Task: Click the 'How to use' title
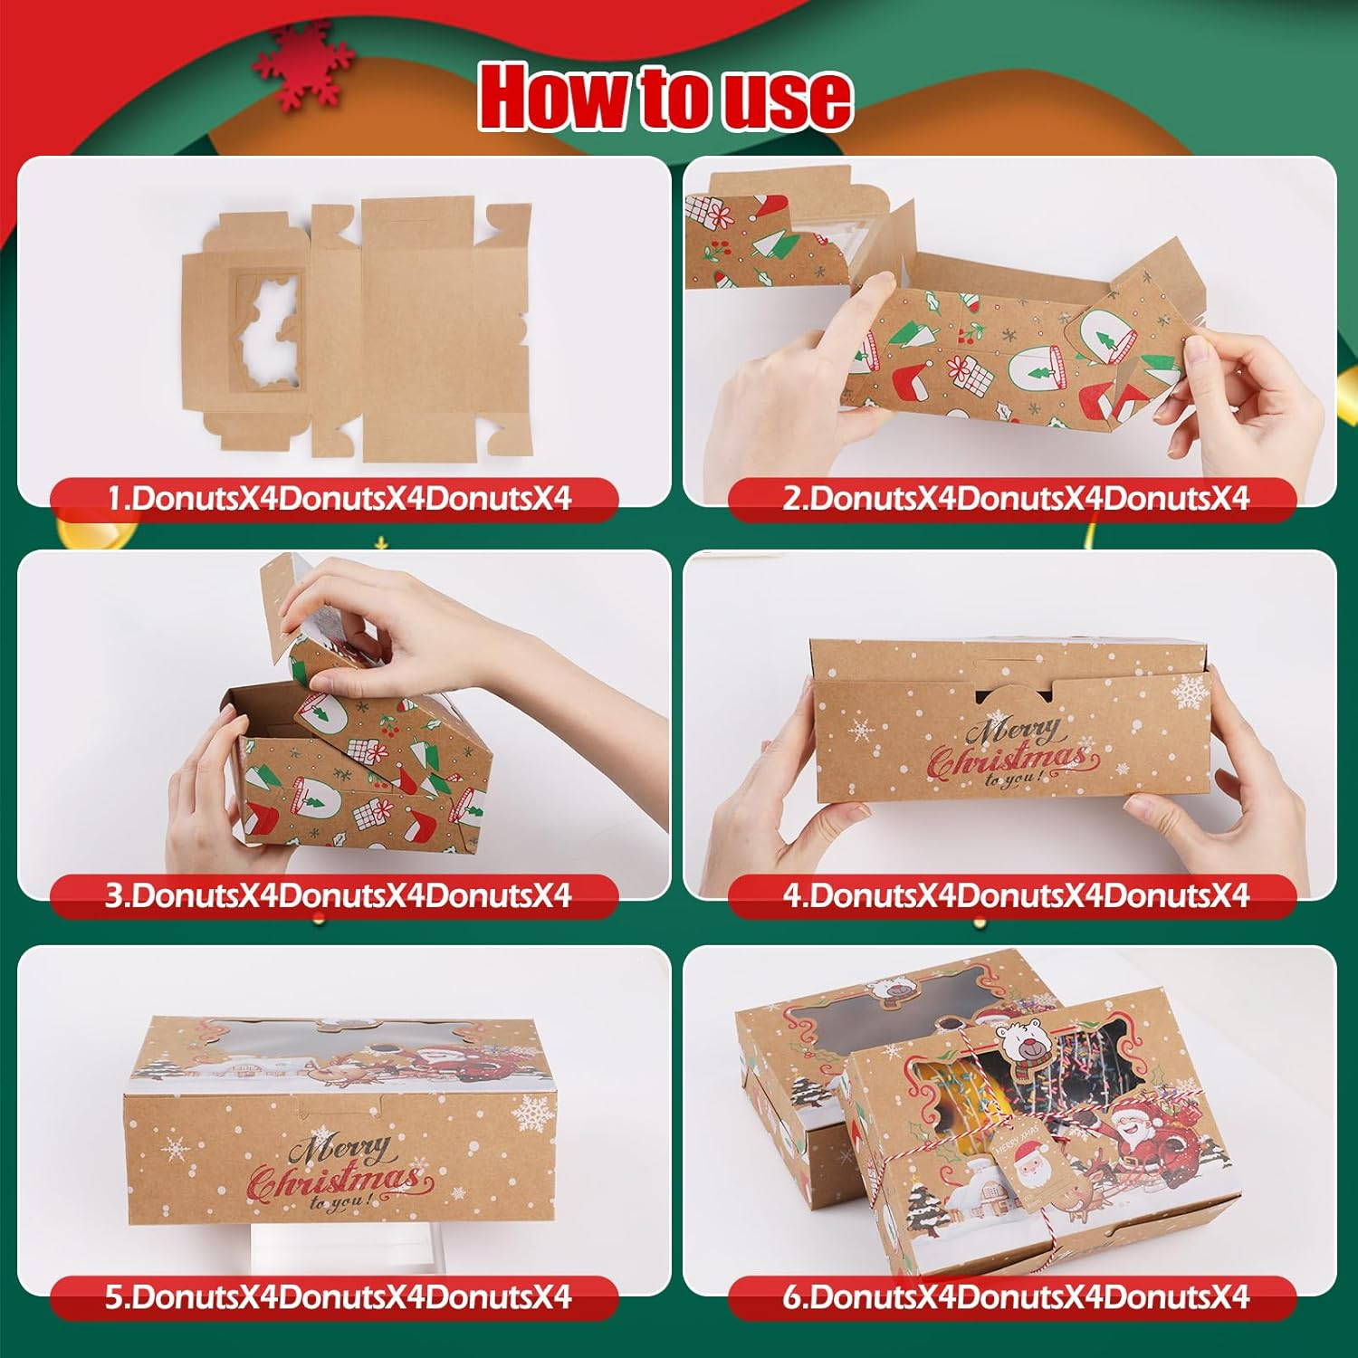point(665,97)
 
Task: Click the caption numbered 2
point(1014,499)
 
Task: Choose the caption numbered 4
point(1014,896)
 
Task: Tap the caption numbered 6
point(1014,1297)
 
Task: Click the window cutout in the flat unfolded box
point(265,332)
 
